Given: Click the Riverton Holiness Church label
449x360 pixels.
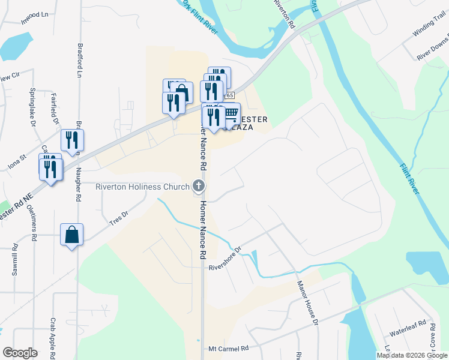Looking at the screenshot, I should tap(142, 187).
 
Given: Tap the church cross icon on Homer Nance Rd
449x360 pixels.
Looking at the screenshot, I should tap(199, 187).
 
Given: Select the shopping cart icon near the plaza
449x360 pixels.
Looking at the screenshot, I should tap(231, 113).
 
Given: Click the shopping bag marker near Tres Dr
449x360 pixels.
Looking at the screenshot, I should tap(71, 235).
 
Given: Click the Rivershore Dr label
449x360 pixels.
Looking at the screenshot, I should tap(224, 259).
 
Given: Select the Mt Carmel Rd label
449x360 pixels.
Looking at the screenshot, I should tap(228, 348).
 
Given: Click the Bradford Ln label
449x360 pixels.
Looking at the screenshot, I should tap(79, 60).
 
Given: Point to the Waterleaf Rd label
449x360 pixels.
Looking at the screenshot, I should tap(407, 331).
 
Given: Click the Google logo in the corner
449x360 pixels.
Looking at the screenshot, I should tap(19, 353).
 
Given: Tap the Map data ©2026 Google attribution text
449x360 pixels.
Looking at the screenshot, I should tap(412, 355).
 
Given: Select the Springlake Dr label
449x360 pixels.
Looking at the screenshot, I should tap(32, 107).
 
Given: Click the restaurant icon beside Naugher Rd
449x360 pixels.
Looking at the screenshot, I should tap(72, 140).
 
